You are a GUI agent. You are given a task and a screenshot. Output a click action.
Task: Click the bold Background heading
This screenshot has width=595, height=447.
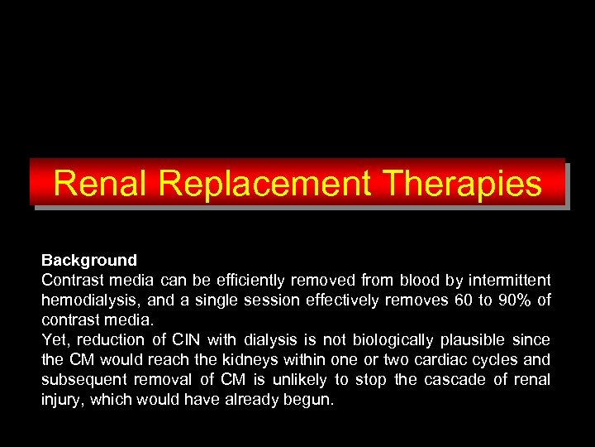pyautogui.click(x=89, y=261)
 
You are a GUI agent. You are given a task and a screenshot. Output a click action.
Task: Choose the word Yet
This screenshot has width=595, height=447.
pyautogui.click(x=55, y=339)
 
